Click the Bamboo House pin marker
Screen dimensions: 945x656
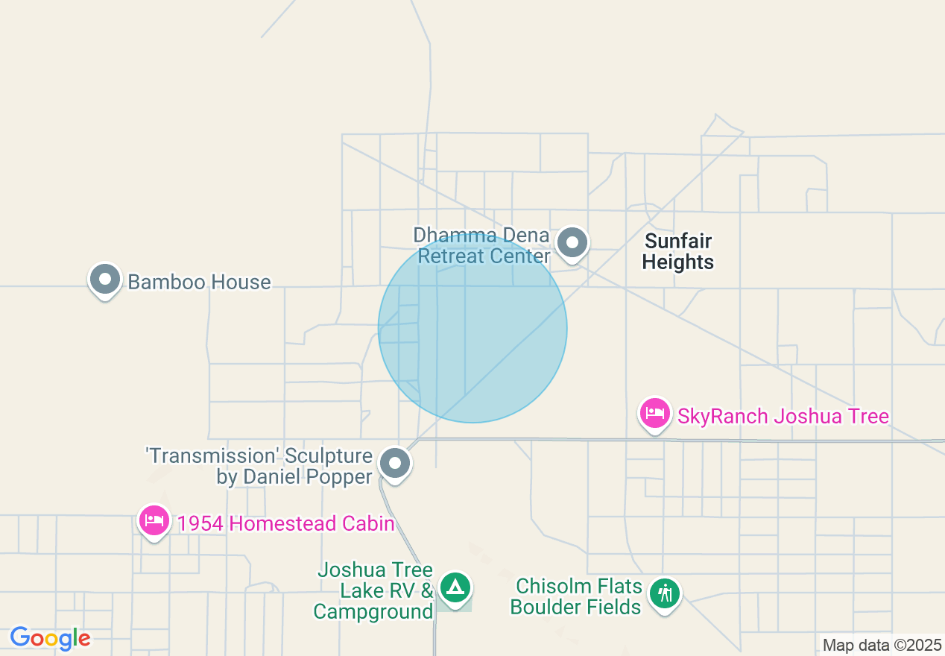105,280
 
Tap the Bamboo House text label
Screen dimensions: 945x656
199,282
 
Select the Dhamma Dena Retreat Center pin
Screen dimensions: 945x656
572,242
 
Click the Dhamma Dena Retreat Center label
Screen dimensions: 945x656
482,246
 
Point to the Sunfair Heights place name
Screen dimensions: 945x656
678,251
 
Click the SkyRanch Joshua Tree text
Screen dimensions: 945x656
783,415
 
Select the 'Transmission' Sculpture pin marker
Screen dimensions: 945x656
395,463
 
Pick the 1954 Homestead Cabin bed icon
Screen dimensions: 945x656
154,520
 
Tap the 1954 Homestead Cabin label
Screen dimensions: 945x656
285,523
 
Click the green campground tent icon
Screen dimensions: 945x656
454,587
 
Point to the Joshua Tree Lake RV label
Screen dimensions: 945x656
375,581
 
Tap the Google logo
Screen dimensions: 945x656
50,638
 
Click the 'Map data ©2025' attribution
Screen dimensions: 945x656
882,645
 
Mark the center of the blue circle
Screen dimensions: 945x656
472,328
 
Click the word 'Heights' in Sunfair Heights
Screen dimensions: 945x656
678,262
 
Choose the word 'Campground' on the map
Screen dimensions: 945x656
373,612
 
